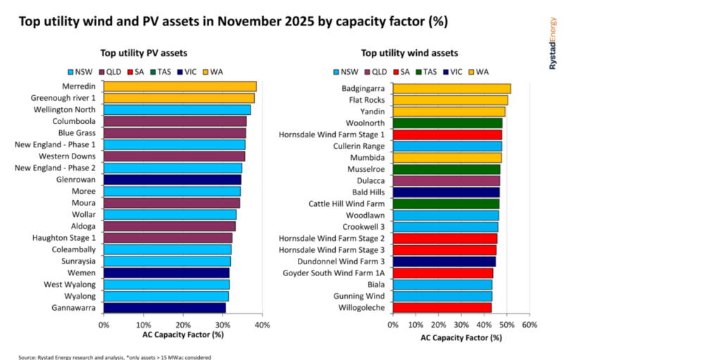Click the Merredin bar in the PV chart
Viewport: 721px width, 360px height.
(180, 87)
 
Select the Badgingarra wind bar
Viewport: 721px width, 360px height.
(451, 89)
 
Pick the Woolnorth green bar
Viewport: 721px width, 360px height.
(447, 123)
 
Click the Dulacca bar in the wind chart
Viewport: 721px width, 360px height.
(446, 180)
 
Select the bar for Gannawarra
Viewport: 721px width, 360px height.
(164, 308)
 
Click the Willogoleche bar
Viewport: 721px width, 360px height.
(442, 308)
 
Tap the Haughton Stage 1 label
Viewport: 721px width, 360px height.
(63, 237)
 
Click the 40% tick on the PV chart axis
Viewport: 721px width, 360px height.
(262, 325)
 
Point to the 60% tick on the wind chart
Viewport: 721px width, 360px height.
(529, 325)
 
